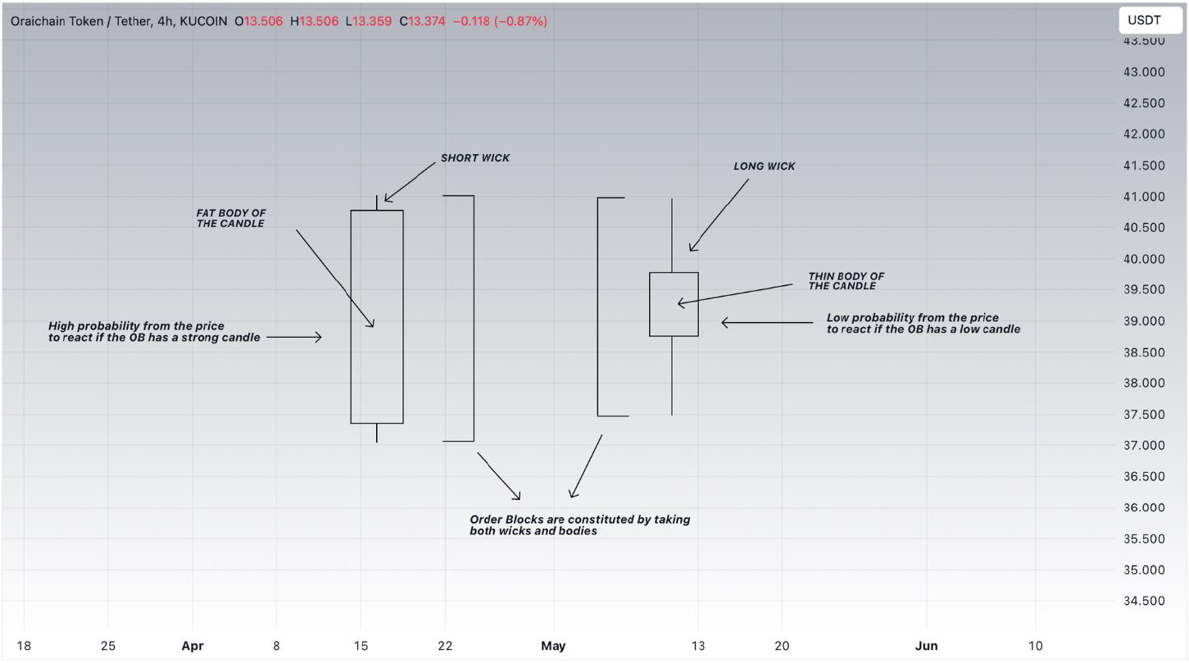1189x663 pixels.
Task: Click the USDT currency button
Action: [x=1150, y=20]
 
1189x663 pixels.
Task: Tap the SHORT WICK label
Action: [x=475, y=157]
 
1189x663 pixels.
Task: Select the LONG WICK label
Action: [x=765, y=166]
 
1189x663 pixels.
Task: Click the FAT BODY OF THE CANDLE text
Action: [x=231, y=218]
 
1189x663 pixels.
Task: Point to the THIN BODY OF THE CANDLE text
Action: [x=846, y=281]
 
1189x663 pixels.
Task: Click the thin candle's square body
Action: [x=674, y=304]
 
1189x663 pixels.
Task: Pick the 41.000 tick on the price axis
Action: [x=1144, y=197]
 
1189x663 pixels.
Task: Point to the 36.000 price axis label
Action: [x=1144, y=507]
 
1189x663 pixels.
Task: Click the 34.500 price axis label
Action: [x=1144, y=601]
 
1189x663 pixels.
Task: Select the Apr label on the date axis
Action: [x=192, y=646]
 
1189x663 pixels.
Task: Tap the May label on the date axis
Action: [x=553, y=646]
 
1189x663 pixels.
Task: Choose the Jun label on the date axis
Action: [x=926, y=646]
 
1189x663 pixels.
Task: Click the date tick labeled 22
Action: [x=445, y=646]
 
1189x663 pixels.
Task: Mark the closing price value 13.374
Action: [x=427, y=21]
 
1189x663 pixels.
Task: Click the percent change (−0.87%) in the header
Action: [x=520, y=21]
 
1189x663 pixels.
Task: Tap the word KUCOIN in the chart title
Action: [x=203, y=21]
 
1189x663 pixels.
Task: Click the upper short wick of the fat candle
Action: [x=377, y=202]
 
